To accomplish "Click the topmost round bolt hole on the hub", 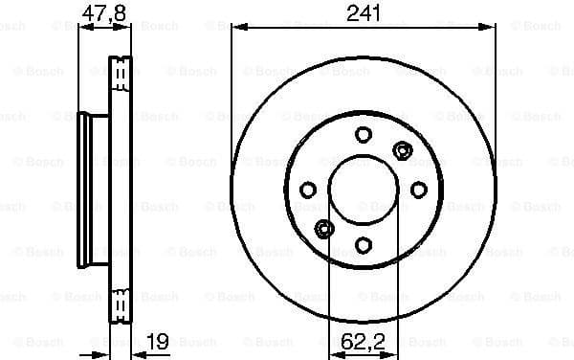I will point(363,135).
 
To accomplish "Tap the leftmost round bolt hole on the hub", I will point(308,190).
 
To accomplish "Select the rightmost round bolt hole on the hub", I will point(418,190).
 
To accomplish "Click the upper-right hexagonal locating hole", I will point(402,150).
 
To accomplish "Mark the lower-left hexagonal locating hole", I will point(324,228).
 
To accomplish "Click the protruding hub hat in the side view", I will point(93,189).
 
